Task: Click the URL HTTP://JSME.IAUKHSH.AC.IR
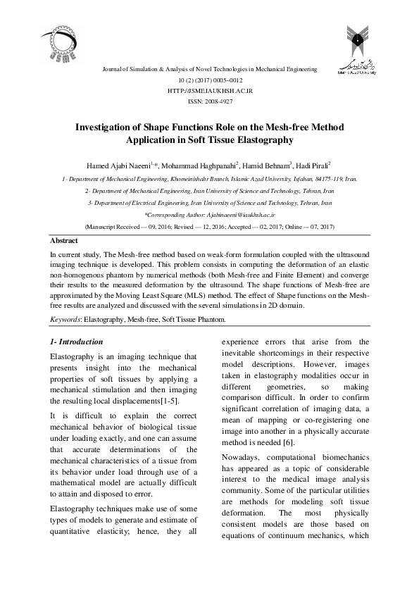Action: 210,92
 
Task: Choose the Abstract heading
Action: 65,240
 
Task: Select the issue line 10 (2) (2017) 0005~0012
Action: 210,81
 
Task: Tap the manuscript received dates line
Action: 210,227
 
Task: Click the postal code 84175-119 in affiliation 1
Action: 329,179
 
